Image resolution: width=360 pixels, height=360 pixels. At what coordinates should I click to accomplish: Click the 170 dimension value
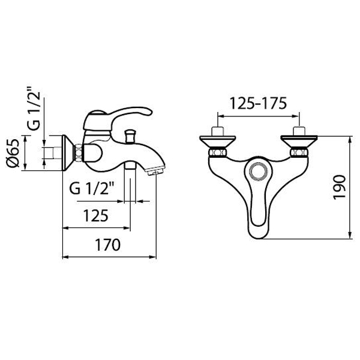pyautogui.click(x=107, y=245)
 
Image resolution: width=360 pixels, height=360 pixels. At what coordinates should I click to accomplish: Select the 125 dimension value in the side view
pyautogui.click(x=96, y=216)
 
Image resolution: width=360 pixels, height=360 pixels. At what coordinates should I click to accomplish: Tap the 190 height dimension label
pyautogui.click(x=340, y=187)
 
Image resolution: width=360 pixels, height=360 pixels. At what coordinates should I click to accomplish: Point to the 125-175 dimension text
pyautogui.click(x=258, y=103)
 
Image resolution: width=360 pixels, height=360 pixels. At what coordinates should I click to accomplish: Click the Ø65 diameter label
pyautogui.click(x=13, y=153)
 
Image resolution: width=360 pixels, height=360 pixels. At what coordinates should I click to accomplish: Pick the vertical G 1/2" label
pyautogui.click(x=34, y=109)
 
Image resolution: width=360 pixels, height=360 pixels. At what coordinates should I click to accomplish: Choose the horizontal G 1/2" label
pyautogui.click(x=92, y=188)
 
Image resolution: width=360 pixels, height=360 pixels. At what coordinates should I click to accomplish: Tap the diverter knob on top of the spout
pyautogui.click(x=130, y=136)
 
